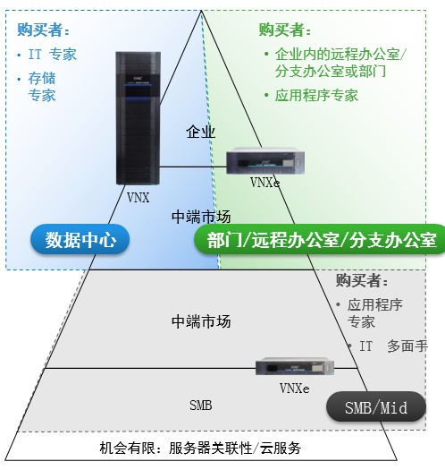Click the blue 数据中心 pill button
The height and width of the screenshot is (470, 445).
(x=80, y=240)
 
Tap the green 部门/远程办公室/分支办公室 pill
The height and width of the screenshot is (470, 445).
(x=320, y=240)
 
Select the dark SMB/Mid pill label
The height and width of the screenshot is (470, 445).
(x=376, y=407)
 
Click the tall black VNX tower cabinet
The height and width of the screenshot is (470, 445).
(x=138, y=118)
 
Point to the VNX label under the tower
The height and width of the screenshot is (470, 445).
(x=138, y=198)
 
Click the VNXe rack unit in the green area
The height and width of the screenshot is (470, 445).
(x=265, y=161)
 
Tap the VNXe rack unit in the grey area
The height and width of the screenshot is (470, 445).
(x=295, y=366)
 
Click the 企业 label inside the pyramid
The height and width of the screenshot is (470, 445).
(x=200, y=132)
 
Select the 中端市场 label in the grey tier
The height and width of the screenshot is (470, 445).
(x=201, y=321)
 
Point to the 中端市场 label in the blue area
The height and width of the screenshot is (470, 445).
(x=201, y=217)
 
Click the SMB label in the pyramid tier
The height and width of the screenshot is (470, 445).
(x=200, y=406)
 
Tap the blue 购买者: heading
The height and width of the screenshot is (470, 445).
(x=43, y=30)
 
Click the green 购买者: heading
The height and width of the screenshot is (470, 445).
(x=284, y=30)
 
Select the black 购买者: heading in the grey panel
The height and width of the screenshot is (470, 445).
(x=362, y=281)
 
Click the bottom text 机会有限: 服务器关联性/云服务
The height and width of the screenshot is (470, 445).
(x=200, y=449)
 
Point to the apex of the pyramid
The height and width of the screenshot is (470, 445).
(x=201, y=11)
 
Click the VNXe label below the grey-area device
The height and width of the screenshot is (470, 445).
(x=295, y=389)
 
